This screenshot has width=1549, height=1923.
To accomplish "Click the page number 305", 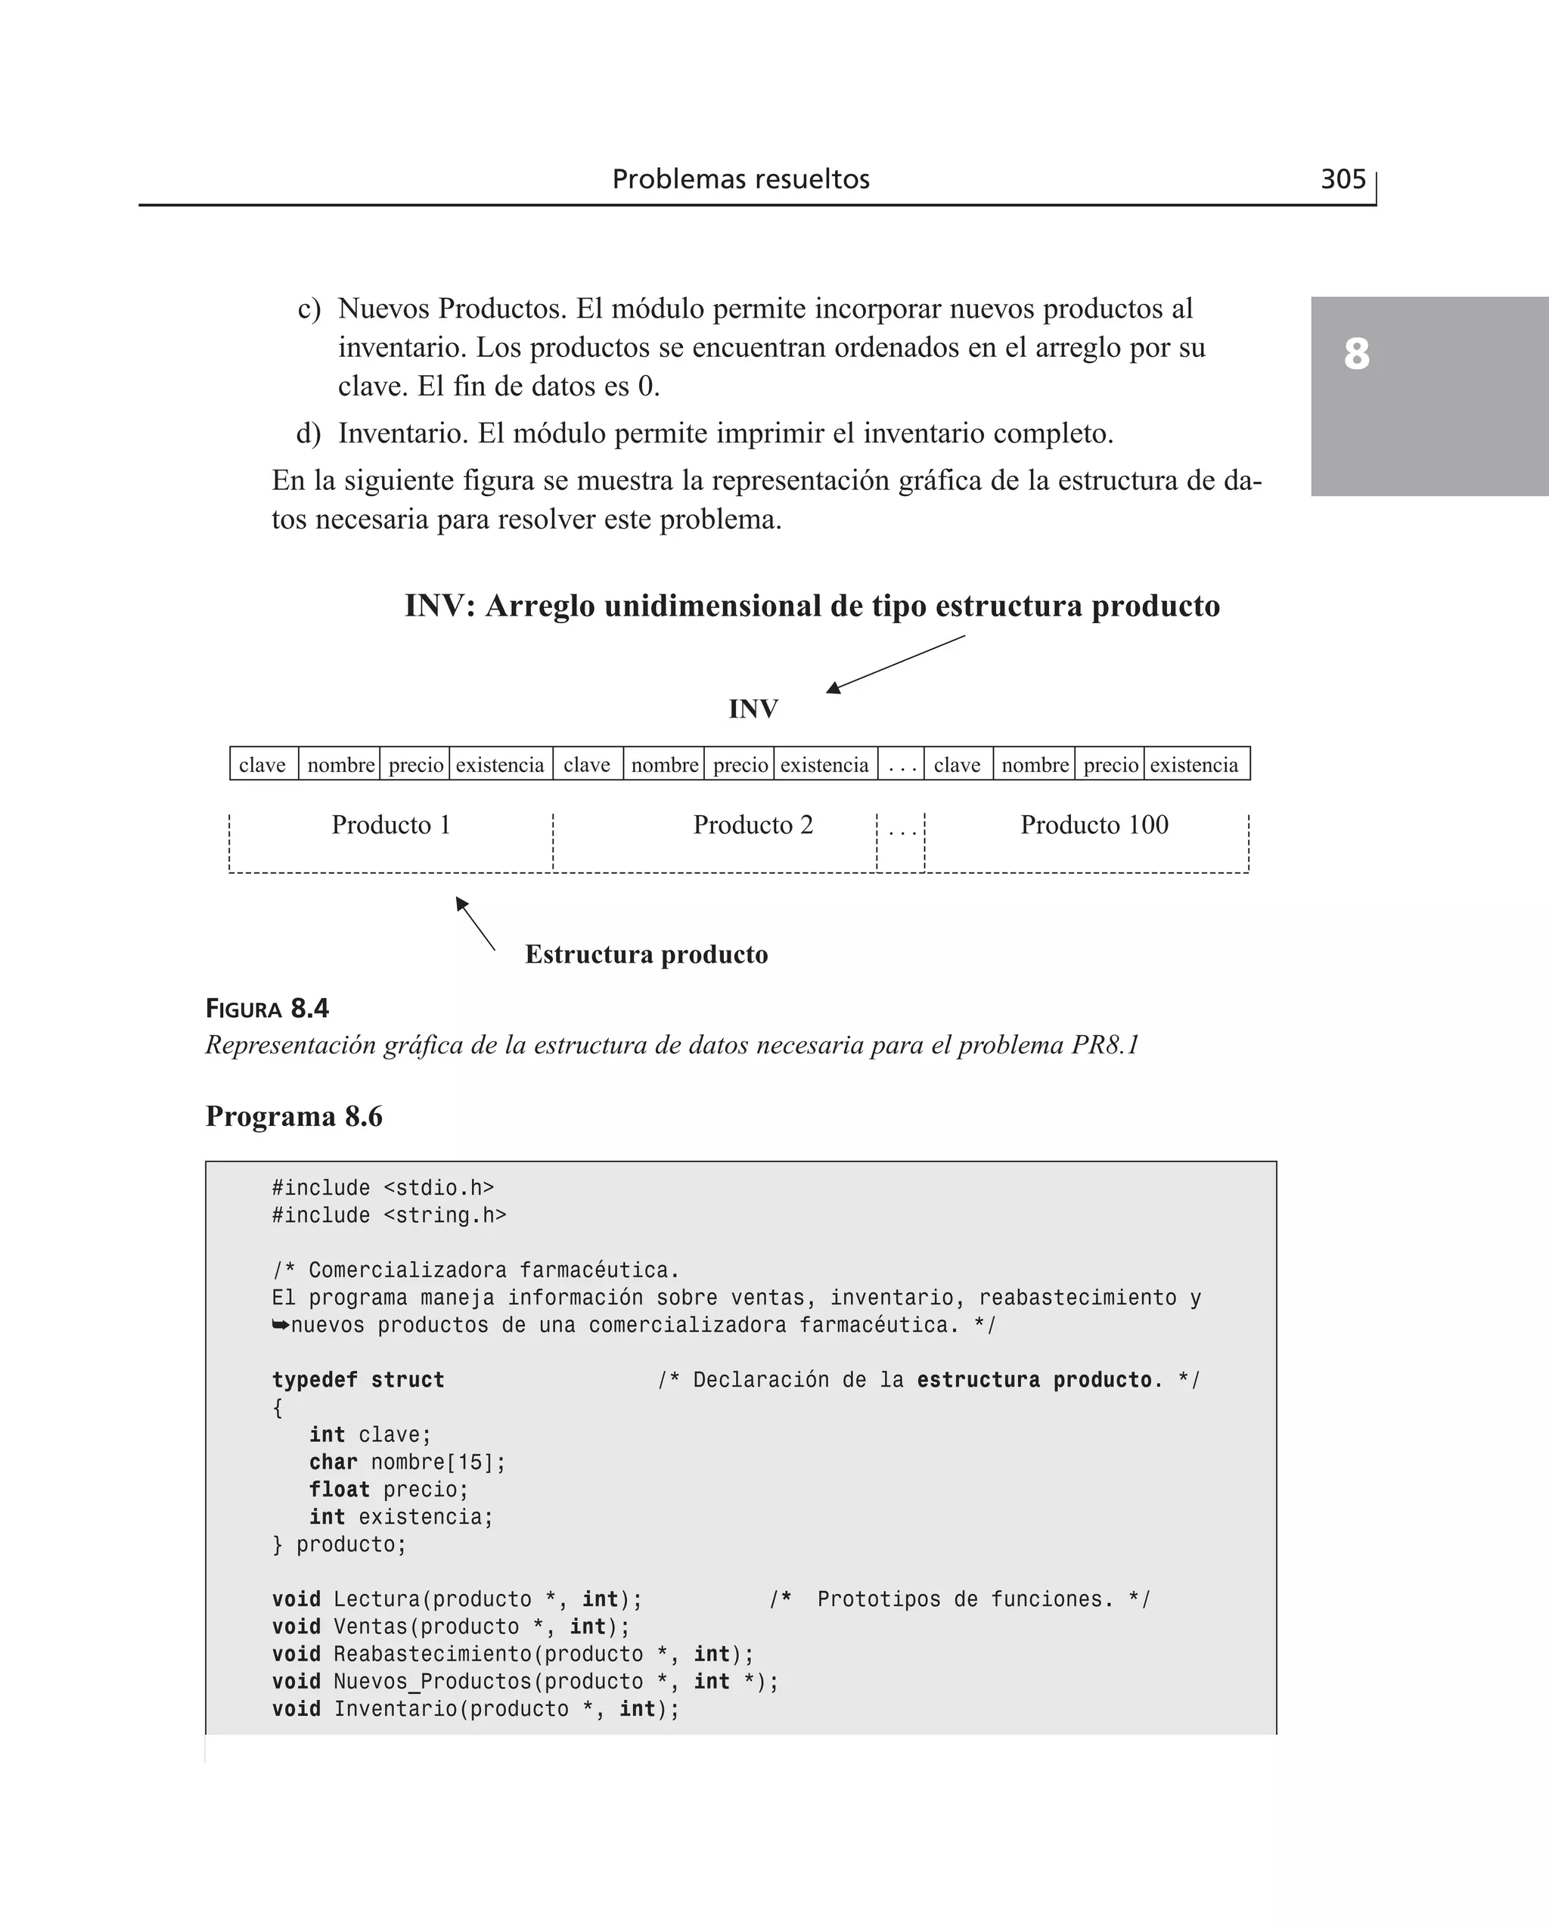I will click(x=1342, y=179).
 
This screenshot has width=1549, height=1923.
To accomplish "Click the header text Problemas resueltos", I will click(x=740, y=179).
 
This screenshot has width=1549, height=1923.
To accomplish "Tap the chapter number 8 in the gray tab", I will click(x=1355, y=354).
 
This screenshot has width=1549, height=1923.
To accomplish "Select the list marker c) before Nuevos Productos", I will click(x=309, y=309).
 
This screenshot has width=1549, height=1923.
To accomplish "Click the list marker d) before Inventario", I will click(x=308, y=433).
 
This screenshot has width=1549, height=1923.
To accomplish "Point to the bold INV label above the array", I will click(x=753, y=709).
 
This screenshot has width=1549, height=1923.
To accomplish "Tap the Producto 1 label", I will click(x=391, y=824).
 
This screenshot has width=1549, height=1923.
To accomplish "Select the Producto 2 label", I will click(x=753, y=824).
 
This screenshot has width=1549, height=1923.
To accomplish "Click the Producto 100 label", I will click(x=1094, y=824).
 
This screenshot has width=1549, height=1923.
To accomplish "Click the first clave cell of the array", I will click(x=262, y=765).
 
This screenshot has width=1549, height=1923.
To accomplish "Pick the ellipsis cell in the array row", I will click(x=902, y=765).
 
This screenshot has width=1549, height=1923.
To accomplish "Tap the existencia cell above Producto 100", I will click(x=1194, y=765).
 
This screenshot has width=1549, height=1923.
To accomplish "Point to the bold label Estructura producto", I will click(x=646, y=954).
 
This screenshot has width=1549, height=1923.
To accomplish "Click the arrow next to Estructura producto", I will click(x=475, y=923).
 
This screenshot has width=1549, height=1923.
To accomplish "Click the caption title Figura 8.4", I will click(x=267, y=1009).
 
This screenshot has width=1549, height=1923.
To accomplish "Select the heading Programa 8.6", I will click(x=293, y=1117).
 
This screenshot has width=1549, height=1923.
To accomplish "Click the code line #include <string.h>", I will click(x=389, y=1216).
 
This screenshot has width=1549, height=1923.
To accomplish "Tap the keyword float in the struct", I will click(x=339, y=1490).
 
